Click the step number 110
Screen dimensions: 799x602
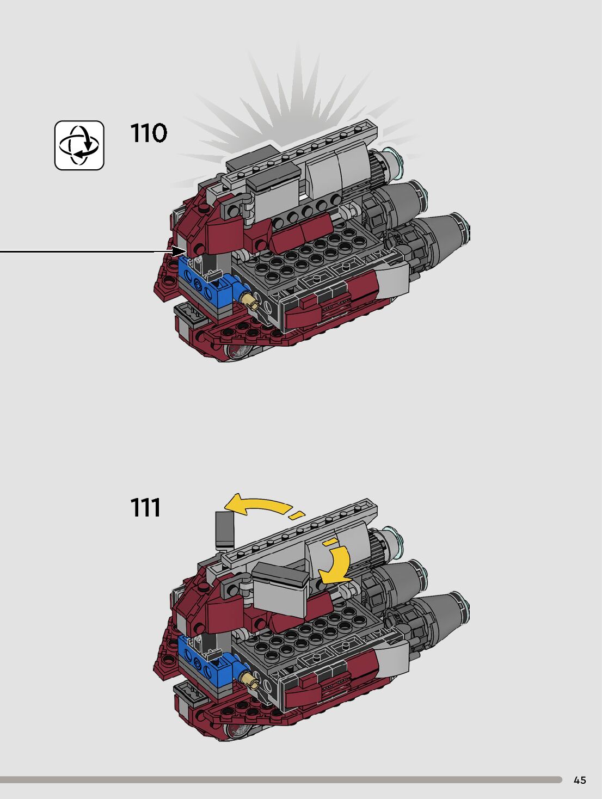pyautogui.click(x=148, y=133)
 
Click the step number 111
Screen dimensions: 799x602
pyautogui.click(x=145, y=508)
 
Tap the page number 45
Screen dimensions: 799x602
pyautogui.click(x=580, y=780)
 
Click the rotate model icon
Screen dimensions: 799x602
pyautogui.click(x=79, y=145)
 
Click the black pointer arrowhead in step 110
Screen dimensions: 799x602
pyautogui.click(x=179, y=251)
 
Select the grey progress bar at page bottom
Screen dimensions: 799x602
pyautogui.click(x=281, y=780)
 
